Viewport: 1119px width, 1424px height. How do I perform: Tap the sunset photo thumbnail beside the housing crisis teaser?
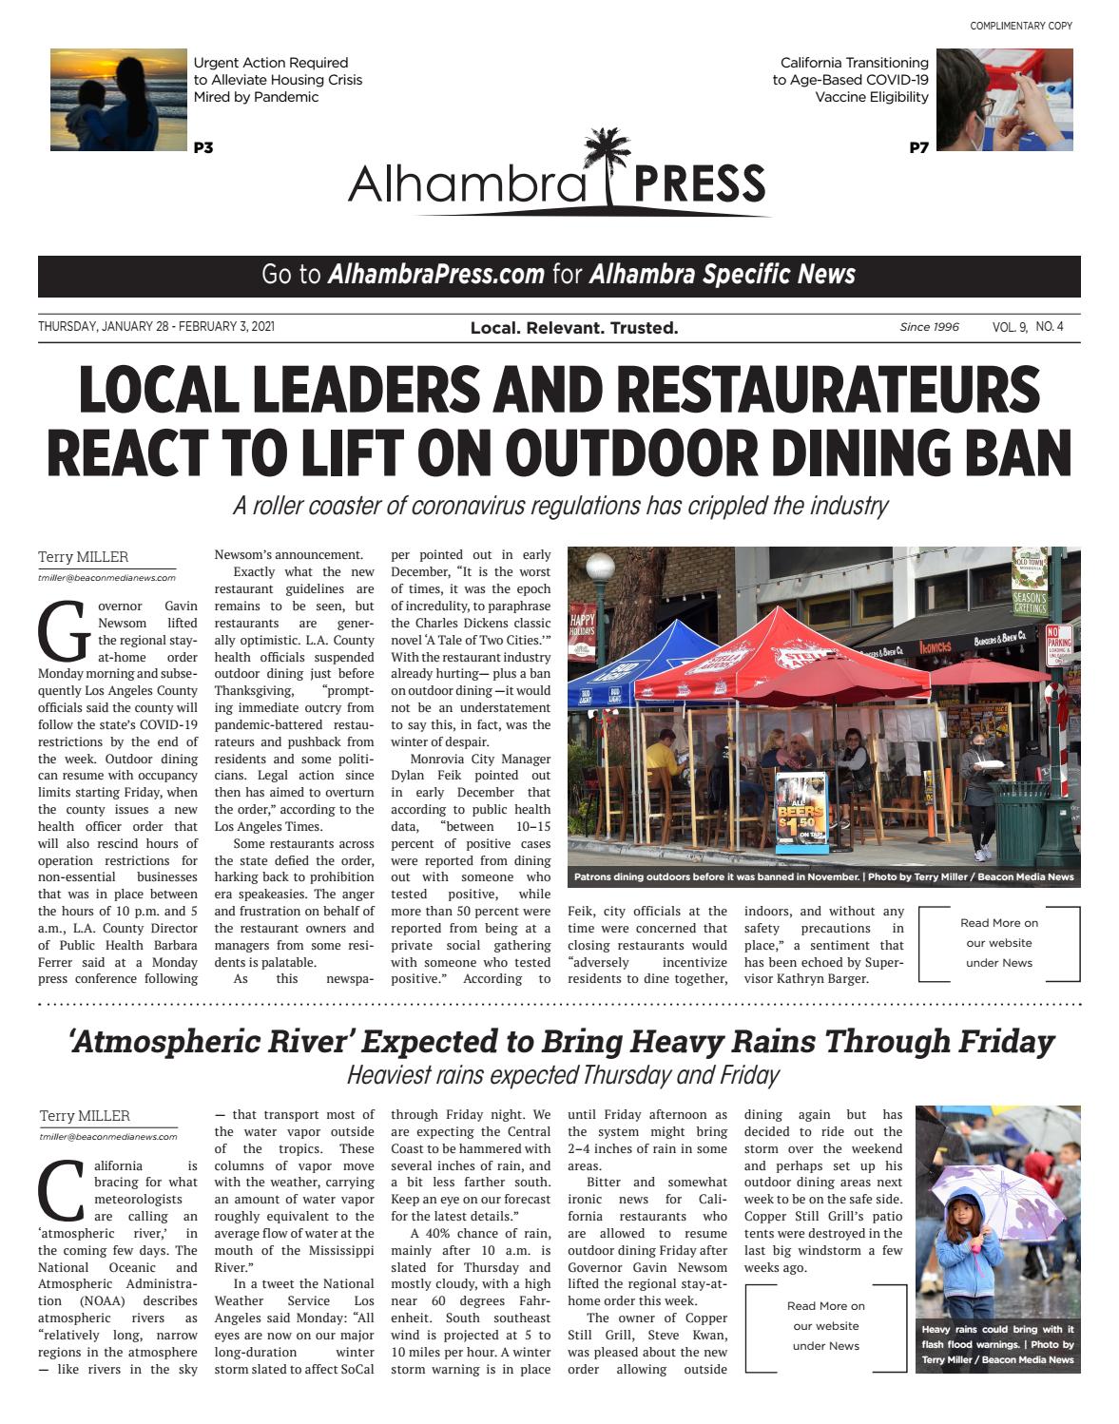(119, 100)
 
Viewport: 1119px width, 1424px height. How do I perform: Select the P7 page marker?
(918, 147)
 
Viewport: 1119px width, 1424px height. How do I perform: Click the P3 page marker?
(203, 147)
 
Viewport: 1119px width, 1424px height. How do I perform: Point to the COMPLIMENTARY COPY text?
(1020, 26)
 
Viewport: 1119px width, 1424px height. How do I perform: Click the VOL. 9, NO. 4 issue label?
(1028, 327)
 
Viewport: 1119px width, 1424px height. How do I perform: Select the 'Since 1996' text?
(929, 327)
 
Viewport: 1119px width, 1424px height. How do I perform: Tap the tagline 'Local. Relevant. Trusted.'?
(574, 328)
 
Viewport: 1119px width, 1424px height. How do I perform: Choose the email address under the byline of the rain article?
(108, 1136)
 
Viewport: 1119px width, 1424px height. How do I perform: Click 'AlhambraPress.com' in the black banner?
(436, 275)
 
